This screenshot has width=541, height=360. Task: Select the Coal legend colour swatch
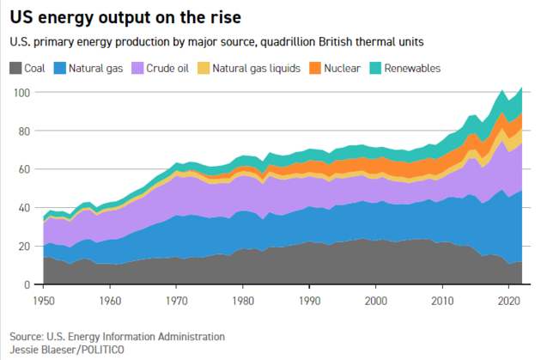(17, 67)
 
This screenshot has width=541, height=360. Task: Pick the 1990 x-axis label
(310, 300)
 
